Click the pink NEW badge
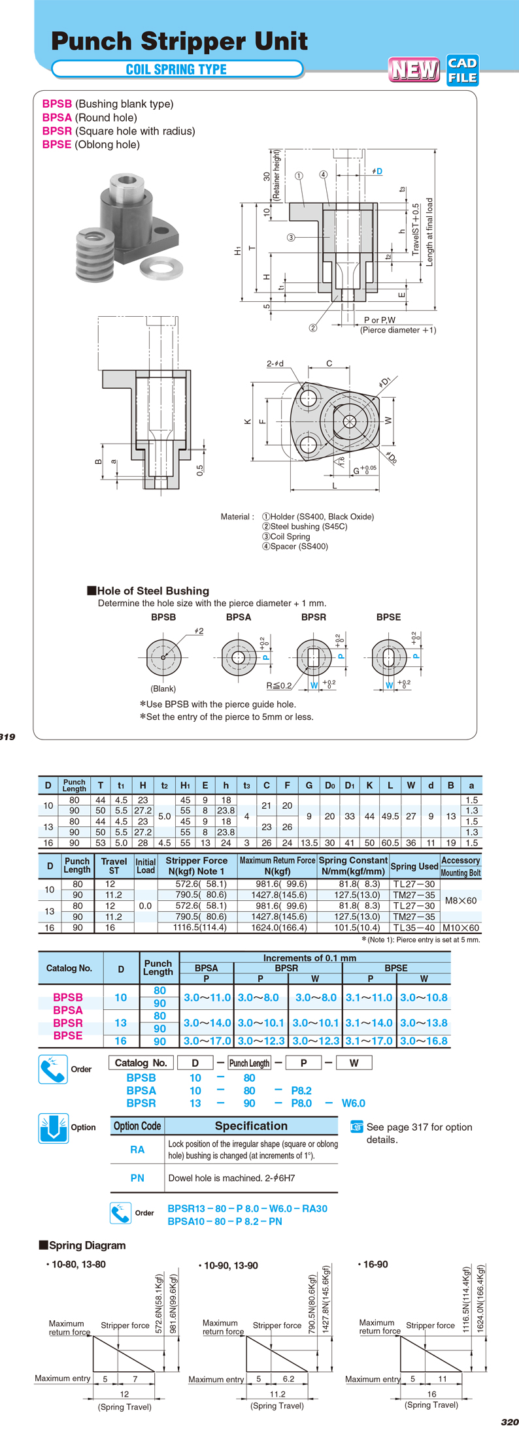pyautogui.click(x=414, y=69)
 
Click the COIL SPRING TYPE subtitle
pyautogui.click(x=176, y=69)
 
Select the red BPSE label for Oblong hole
pyautogui.click(x=57, y=144)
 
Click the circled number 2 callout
pyautogui.click(x=313, y=328)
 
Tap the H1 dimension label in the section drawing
pyautogui.click(x=238, y=250)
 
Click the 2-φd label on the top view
pyautogui.click(x=275, y=364)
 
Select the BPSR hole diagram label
pyautogui.click(x=314, y=617)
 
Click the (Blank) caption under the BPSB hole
pyautogui.click(x=163, y=689)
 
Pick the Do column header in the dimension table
pyautogui.click(x=329, y=785)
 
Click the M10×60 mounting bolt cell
pyautogui.click(x=461, y=928)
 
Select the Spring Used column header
pyautogui.click(x=414, y=866)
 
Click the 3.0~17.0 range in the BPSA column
pyautogui.click(x=207, y=1041)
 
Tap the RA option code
pyautogui.click(x=137, y=1150)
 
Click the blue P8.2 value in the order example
pyautogui.click(x=301, y=1090)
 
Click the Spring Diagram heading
pyautogui.click(x=87, y=1245)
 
